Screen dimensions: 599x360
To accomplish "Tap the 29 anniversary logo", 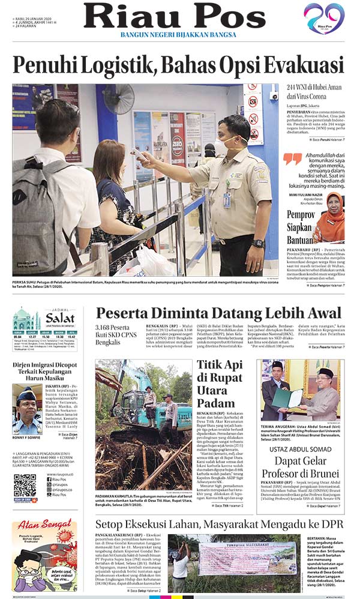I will [324, 18].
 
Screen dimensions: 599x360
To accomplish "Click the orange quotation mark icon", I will [293, 158].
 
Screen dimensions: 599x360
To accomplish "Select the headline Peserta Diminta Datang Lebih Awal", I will [218, 313].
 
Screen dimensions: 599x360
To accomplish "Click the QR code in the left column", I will [25, 485].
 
